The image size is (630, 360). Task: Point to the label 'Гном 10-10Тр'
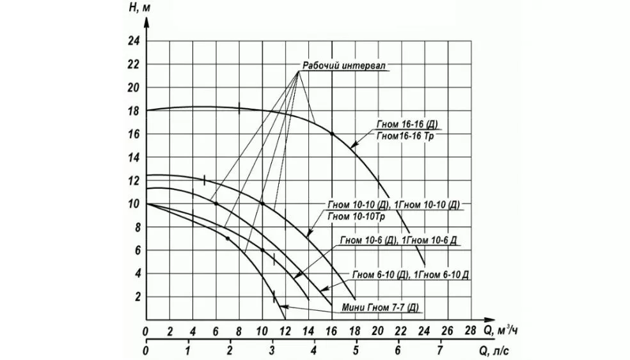356,217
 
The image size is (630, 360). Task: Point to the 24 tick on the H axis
134,42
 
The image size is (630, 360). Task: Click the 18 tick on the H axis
134,111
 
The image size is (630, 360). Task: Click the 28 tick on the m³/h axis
470,331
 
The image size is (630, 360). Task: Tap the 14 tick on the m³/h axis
308,331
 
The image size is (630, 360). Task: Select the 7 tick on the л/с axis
440,352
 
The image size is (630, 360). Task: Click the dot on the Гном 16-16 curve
332,134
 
